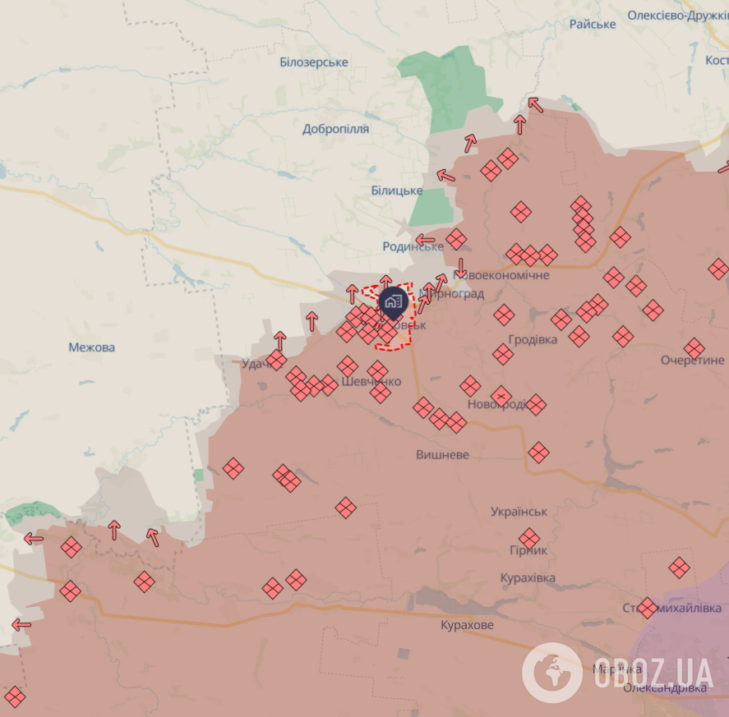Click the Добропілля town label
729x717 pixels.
coord(335,129)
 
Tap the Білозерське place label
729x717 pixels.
coord(313,62)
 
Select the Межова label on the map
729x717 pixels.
coord(92,347)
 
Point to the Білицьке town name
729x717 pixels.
coord(396,191)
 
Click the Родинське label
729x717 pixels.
coord(413,246)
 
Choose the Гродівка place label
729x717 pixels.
coord(533,339)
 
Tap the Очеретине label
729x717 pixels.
coord(692,361)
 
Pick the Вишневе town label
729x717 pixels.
coord(442,454)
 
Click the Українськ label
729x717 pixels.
coord(519,512)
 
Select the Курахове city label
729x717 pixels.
coord(467,625)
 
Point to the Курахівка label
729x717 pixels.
coord(528,578)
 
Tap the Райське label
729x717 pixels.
coord(593,24)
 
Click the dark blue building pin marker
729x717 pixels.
coord(393,302)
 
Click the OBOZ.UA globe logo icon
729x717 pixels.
coord(552,673)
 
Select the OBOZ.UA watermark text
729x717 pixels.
coord(653,673)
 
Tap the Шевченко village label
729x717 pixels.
coord(371,382)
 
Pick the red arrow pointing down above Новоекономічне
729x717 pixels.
coord(461,268)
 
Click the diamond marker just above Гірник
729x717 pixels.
coord(529,539)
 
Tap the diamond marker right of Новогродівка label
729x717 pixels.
coord(536,404)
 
